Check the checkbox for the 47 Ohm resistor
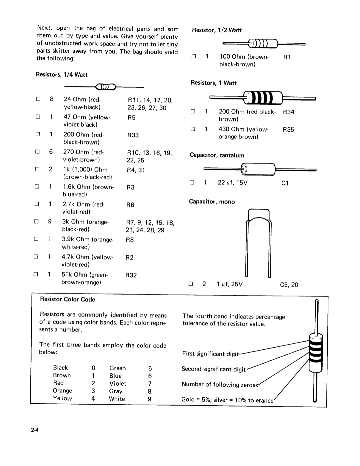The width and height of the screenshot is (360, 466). click(x=38, y=117)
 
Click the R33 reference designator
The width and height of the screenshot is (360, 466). click(x=133, y=135)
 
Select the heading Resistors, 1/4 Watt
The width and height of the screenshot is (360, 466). click(x=62, y=75)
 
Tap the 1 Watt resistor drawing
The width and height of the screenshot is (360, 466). click(x=263, y=98)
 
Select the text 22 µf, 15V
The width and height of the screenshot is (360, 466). click(x=233, y=183)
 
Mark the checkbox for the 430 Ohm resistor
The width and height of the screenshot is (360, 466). click(x=193, y=129)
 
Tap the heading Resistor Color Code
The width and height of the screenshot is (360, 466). click(x=67, y=300)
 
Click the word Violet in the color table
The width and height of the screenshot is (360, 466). click(x=118, y=384)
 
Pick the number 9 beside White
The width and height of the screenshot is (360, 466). click(x=150, y=399)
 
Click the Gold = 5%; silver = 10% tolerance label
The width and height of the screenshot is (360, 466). click(x=227, y=400)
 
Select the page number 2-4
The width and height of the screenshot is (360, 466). click(x=35, y=430)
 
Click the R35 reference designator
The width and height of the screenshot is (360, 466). click(x=288, y=130)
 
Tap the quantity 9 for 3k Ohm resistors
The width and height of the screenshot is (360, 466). click(x=50, y=221)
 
